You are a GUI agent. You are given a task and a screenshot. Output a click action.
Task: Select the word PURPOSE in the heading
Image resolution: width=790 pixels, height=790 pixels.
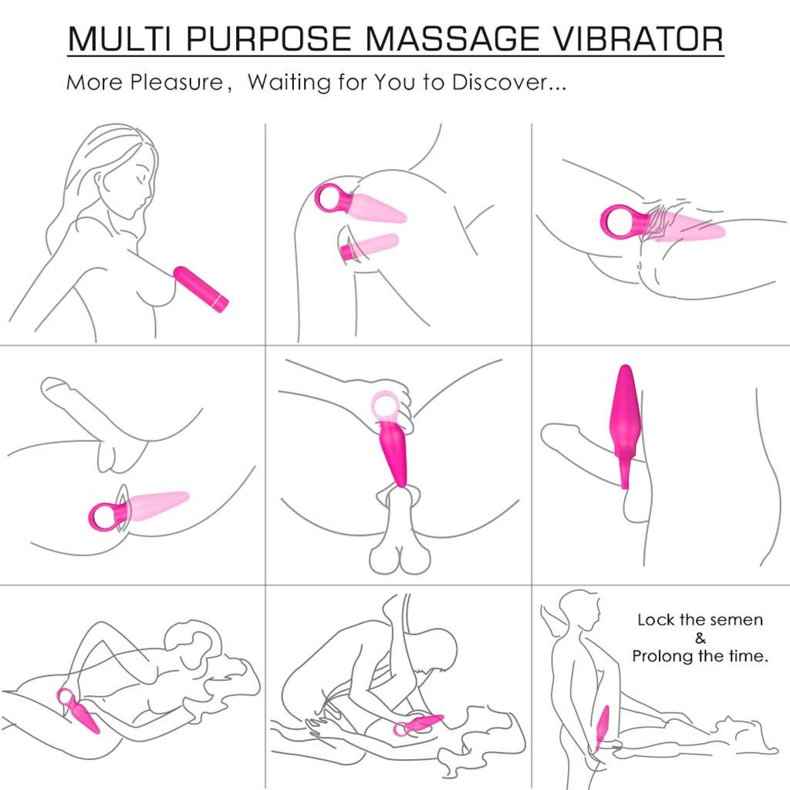[264, 38]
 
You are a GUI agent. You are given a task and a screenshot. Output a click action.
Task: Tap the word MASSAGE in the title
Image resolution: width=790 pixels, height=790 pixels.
[446, 38]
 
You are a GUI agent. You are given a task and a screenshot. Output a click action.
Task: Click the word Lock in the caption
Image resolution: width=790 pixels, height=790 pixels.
[653, 620]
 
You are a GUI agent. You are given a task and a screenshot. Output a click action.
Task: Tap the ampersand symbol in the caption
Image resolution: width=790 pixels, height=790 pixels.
[701, 638]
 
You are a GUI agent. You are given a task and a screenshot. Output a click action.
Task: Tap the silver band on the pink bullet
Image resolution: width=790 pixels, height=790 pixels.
[221, 299]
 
